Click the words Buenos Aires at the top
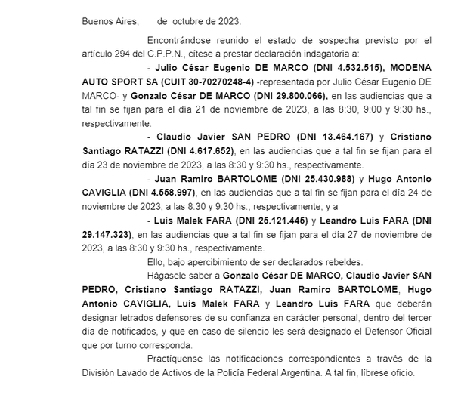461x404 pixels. (106, 21)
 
